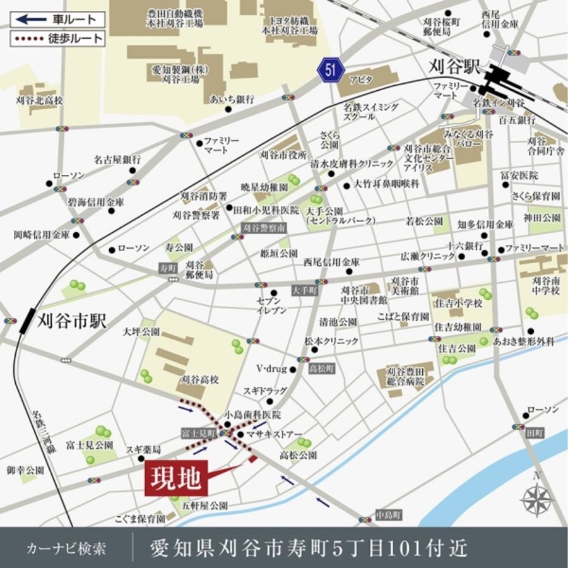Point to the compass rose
coord(537,499)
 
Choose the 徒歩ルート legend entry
coord(57,38)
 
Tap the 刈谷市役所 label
coord(283,155)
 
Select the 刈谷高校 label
coord(199,379)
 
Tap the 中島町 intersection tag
coord(388,516)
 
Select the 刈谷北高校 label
coord(40,100)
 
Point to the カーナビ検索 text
coord(66,548)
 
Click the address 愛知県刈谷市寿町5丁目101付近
coord(309,547)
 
